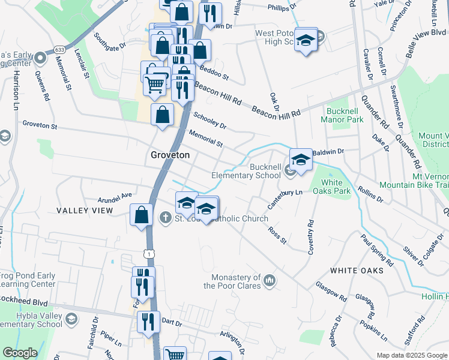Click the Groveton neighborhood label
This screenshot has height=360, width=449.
(169, 155)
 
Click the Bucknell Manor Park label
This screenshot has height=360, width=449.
(345, 115)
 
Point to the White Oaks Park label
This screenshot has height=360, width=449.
(332, 187)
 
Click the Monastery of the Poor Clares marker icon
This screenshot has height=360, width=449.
(270, 279)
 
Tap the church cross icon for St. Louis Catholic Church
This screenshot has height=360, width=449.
(166, 218)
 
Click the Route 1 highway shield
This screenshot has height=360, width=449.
(149, 255)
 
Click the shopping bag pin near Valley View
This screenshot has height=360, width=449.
(140, 215)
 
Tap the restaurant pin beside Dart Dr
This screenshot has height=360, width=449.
(148, 322)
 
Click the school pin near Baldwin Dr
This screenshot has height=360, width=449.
(301, 159)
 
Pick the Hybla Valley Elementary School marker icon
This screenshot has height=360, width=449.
(72, 317)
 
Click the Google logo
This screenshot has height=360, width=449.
(20, 353)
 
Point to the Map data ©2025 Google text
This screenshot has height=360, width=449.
(412, 355)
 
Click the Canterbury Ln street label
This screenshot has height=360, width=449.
(285, 196)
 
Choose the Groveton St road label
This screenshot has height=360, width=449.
(40, 126)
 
